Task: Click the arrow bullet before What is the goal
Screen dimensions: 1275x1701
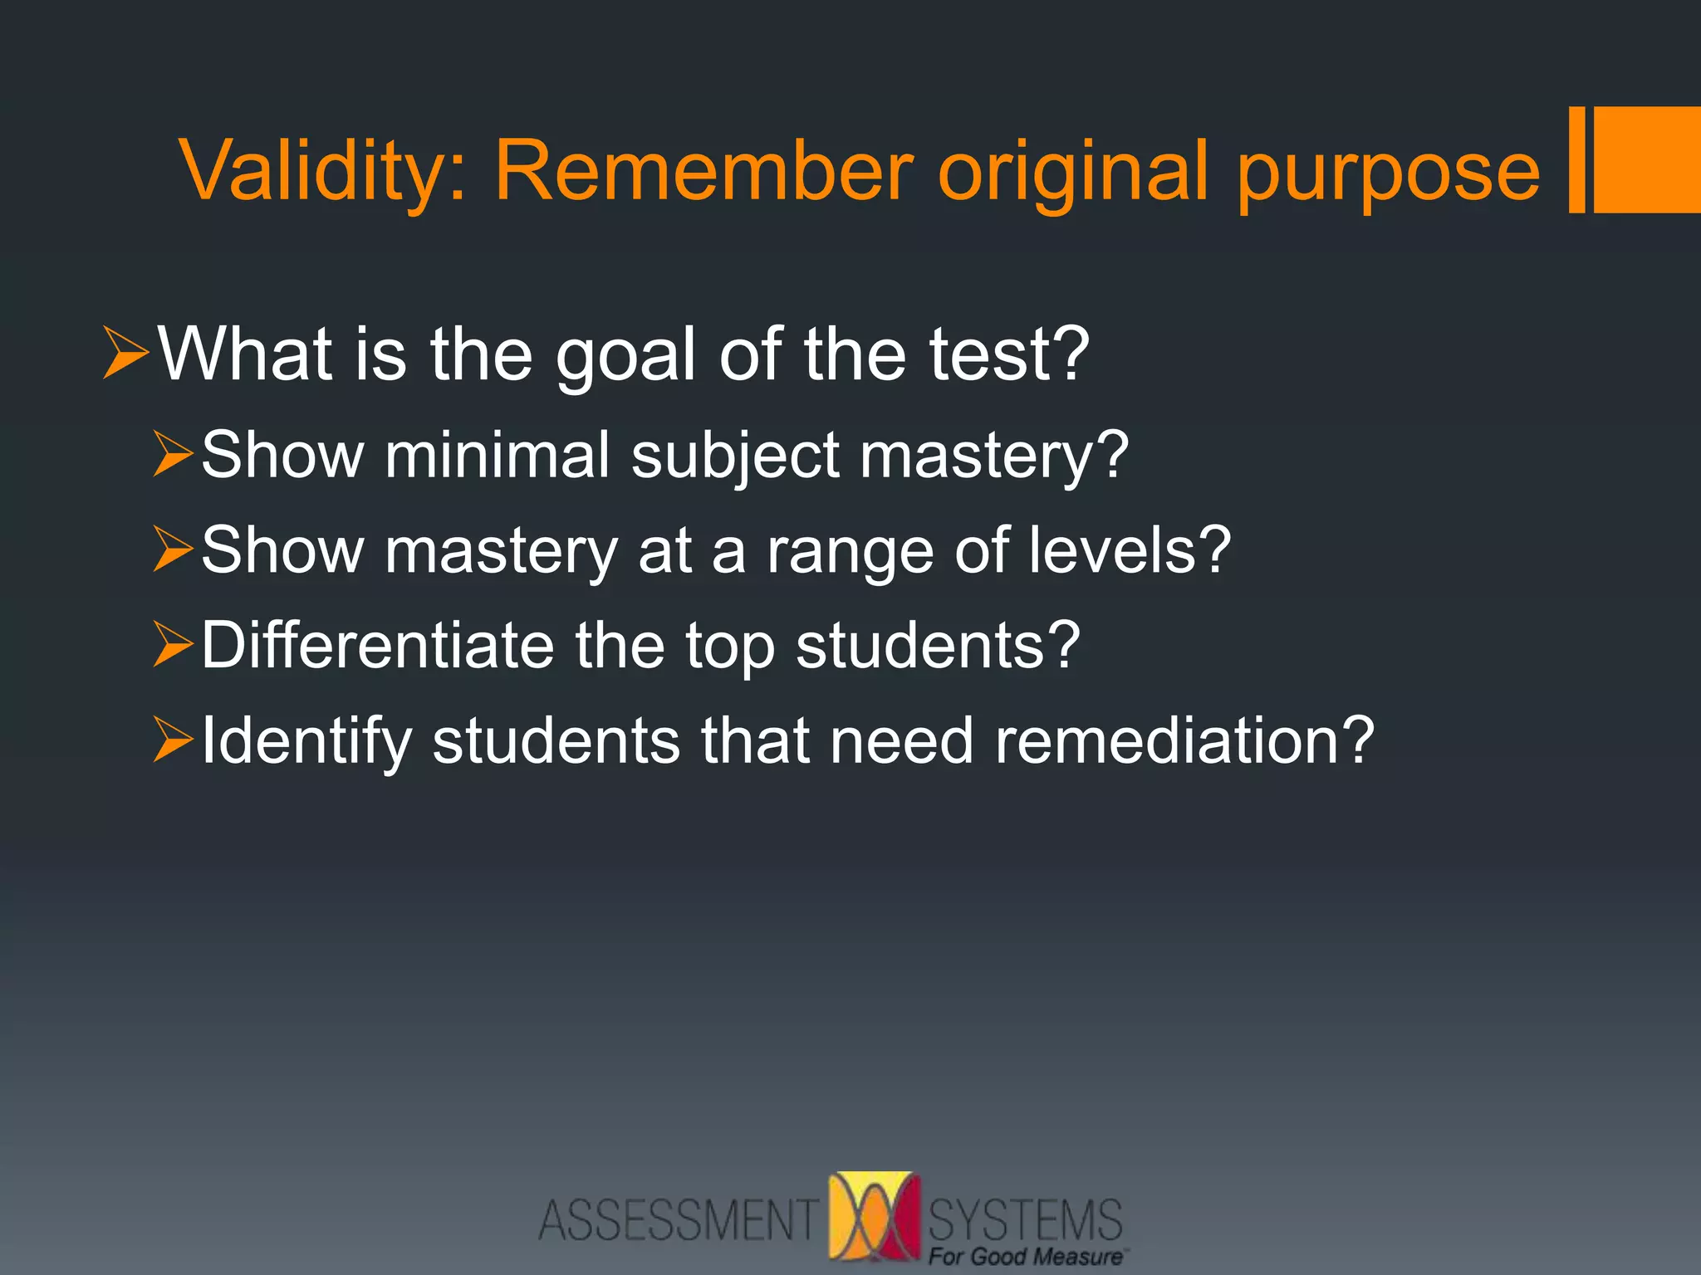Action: [125, 353]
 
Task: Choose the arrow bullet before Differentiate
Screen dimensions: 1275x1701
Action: [173, 645]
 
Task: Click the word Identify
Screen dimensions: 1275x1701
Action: [306, 742]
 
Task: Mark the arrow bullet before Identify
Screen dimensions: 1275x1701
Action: [173, 740]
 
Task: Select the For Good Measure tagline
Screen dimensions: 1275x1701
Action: [1025, 1257]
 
